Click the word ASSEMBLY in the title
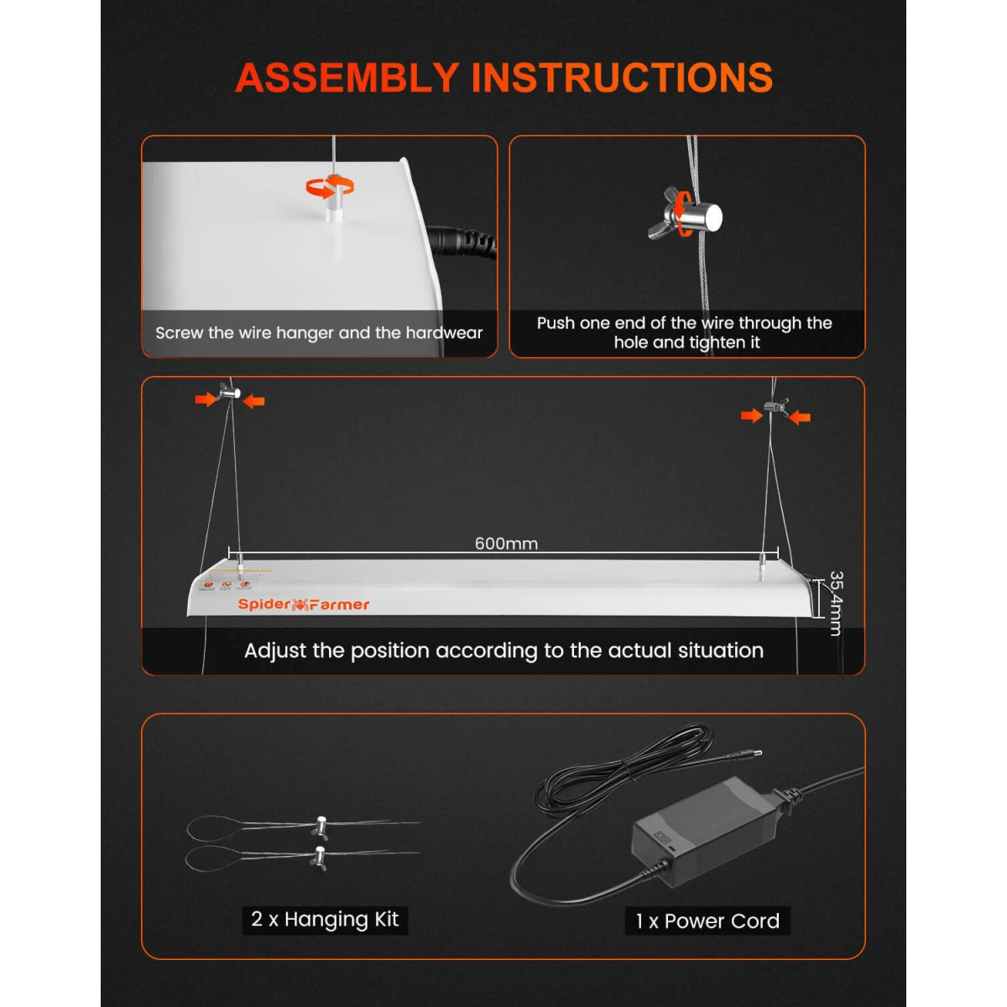click(347, 77)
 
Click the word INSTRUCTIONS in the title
click(622, 77)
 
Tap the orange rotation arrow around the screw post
click(329, 186)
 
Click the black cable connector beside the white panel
click(462, 243)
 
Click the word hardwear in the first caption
click(444, 333)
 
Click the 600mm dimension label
click(506, 543)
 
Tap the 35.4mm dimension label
click(836, 603)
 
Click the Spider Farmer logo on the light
click(303, 604)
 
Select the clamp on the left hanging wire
click(229, 391)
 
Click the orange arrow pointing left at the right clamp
click(801, 417)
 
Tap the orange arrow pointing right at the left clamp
click(206, 399)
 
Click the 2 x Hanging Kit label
click(325, 919)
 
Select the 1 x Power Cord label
click(707, 921)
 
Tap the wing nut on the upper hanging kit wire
click(320, 827)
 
